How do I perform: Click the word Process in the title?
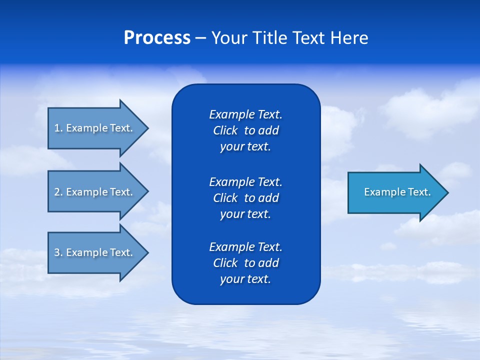[157, 38]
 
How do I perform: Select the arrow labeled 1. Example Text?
[93, 128]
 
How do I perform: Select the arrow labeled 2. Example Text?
[93, 191]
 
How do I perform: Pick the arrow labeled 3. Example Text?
[93, 252]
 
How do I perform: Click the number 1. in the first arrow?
[58, 128]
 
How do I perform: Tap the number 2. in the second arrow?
[58, 192]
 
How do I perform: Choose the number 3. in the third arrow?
[58, 252]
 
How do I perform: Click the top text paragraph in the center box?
[245, 130]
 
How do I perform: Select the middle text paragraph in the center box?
[245, 197]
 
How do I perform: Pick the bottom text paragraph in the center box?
[245, 263]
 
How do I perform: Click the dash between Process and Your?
[200, 38]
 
